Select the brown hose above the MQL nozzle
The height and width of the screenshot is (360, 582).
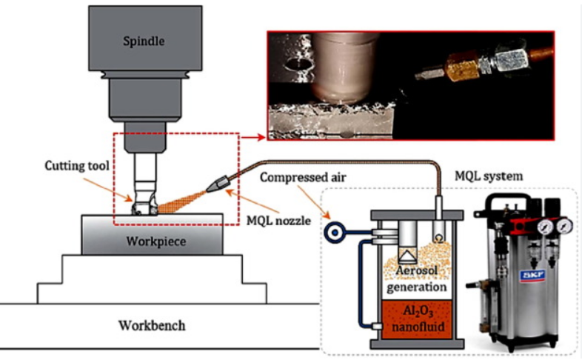333,162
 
